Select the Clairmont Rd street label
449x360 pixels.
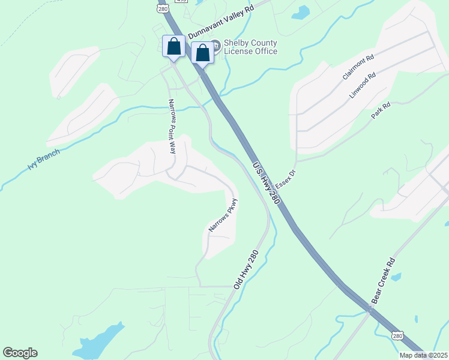[x=358, y=68]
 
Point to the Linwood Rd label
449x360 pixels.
[x=363, y=85]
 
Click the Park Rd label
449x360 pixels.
[x=381, y=110]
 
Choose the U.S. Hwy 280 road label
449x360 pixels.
[x=267, y=184]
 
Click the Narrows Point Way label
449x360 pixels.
[x=172, y=126]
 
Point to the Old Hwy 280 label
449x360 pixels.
[x=245, y=269]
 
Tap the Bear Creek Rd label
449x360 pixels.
[x=384, y=281]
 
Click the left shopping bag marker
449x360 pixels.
[x=174, y=47]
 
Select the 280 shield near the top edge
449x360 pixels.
[x=163, y=9]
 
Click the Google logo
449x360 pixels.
[x=20, y=353]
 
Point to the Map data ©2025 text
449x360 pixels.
[x=424, y=355]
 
